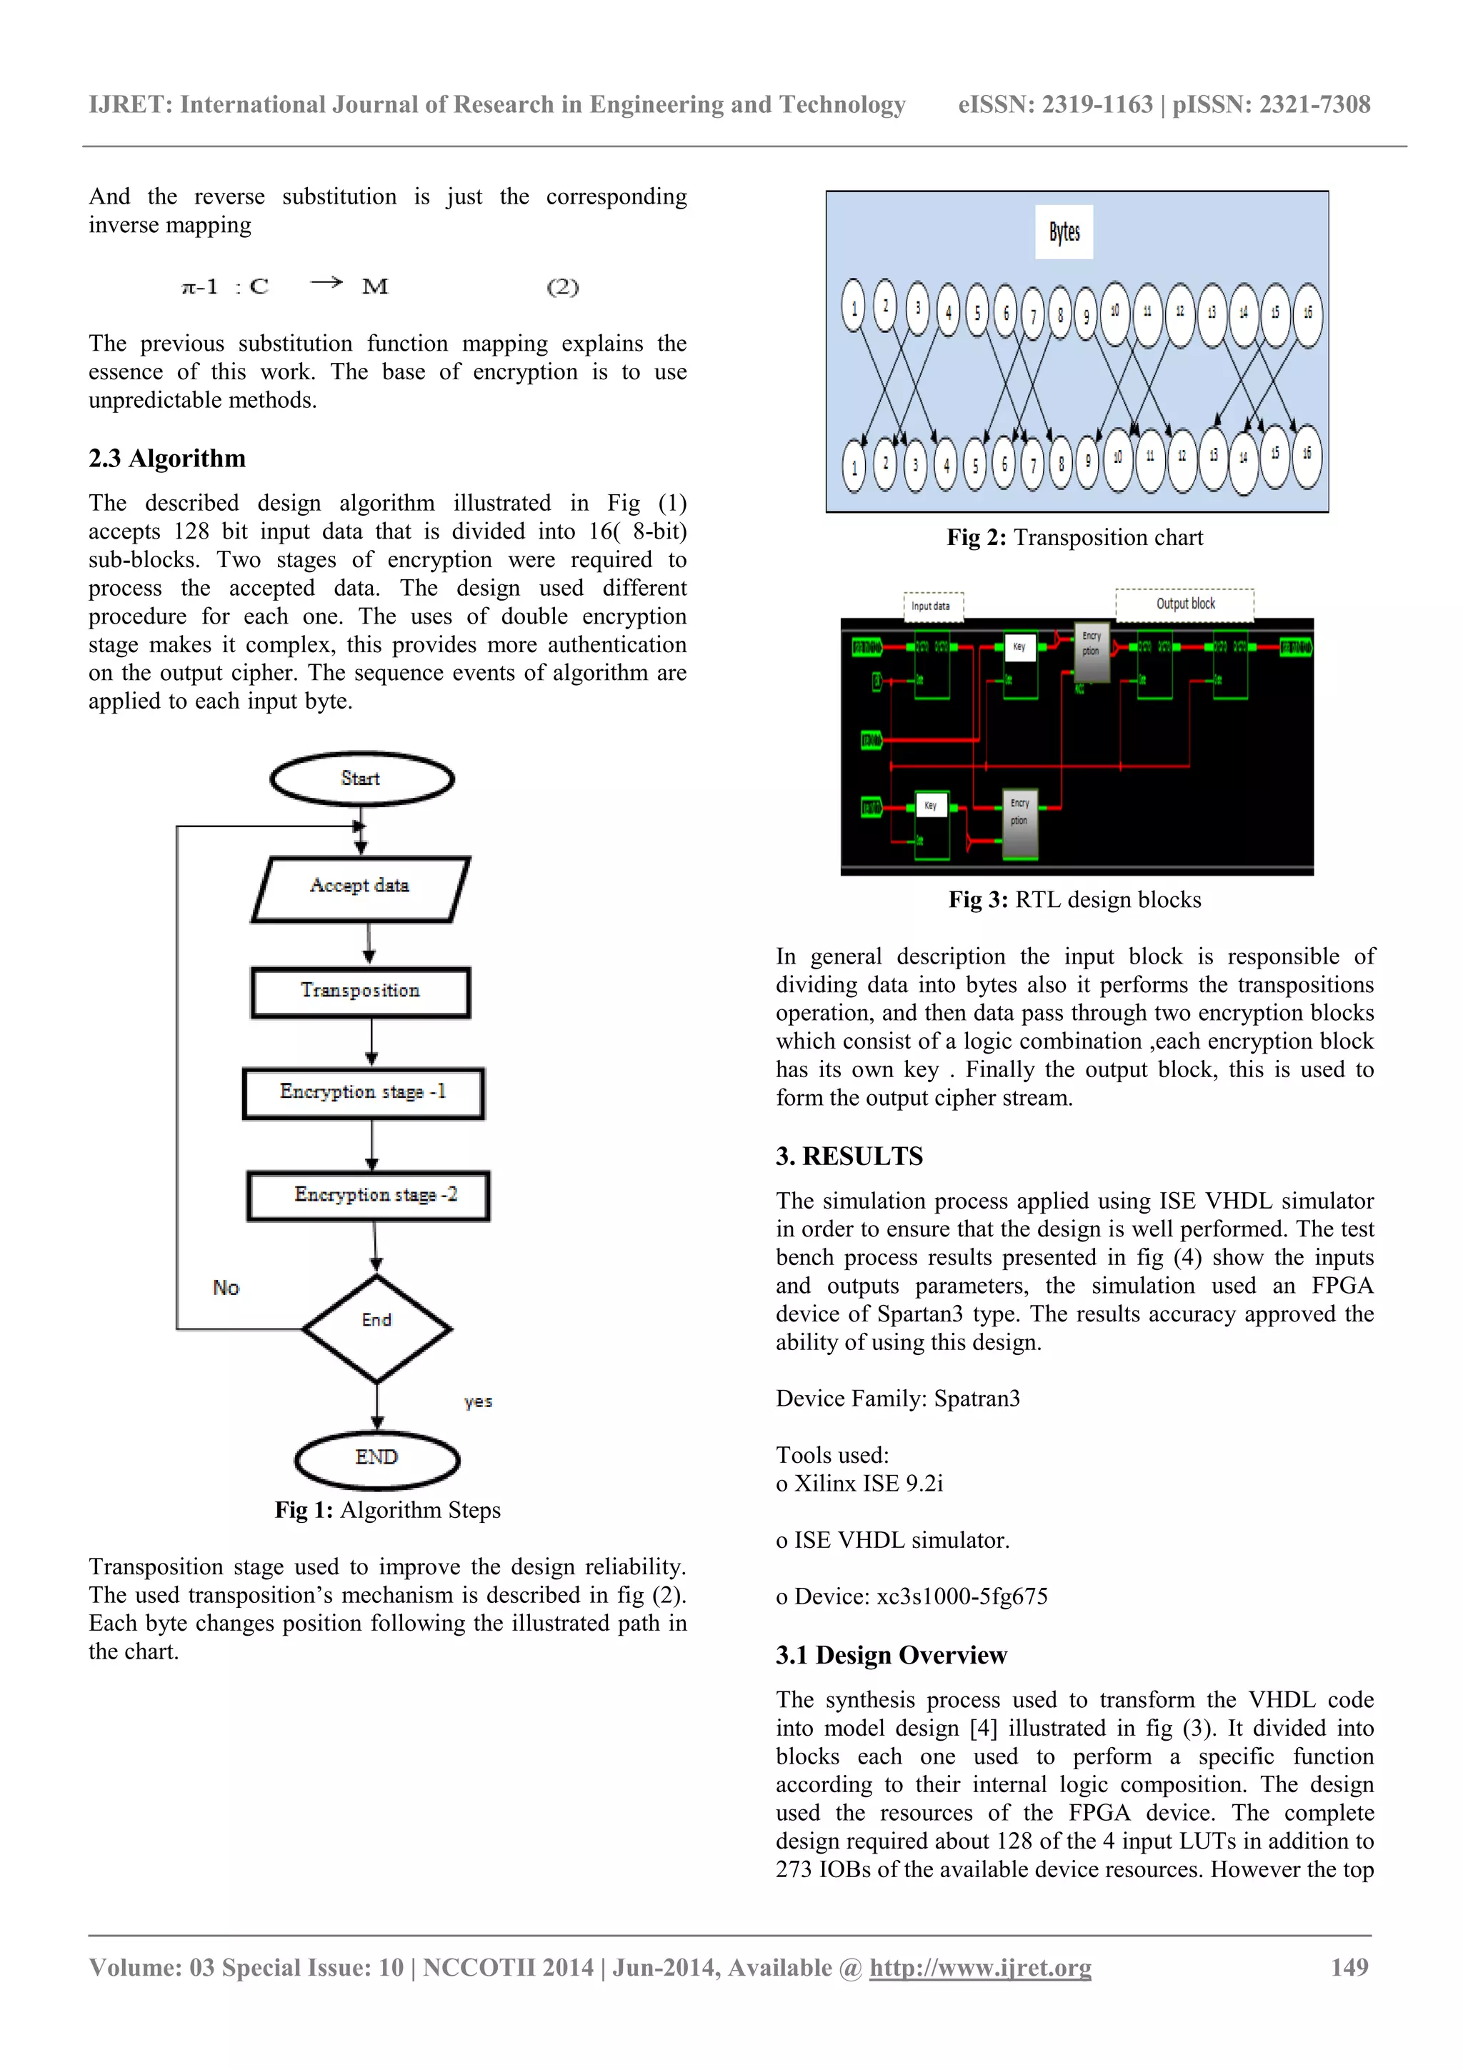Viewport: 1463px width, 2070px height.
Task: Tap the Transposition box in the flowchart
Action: pos(361,991)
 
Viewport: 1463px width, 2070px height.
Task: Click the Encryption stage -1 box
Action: pos(364,1093)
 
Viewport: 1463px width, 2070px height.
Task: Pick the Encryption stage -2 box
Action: pos(369,1196)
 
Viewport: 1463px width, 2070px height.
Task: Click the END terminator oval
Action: pos(376,1459)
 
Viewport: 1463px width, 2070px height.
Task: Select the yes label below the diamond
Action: pos(478,1402)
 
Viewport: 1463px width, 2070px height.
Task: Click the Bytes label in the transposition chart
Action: pos(1064,233)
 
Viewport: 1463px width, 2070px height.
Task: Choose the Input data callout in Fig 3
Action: pos(933,606)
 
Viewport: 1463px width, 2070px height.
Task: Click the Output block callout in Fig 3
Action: pos(1184,604)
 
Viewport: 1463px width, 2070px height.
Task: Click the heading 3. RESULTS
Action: pos(849,1156)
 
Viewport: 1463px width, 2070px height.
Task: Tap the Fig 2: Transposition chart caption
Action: pos(1074,539)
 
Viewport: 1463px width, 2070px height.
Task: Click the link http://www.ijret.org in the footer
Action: pos(980,1967)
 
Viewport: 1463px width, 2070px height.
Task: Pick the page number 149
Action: pos(1349,1967)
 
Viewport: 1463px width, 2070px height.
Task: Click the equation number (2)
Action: pos(562,288)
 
